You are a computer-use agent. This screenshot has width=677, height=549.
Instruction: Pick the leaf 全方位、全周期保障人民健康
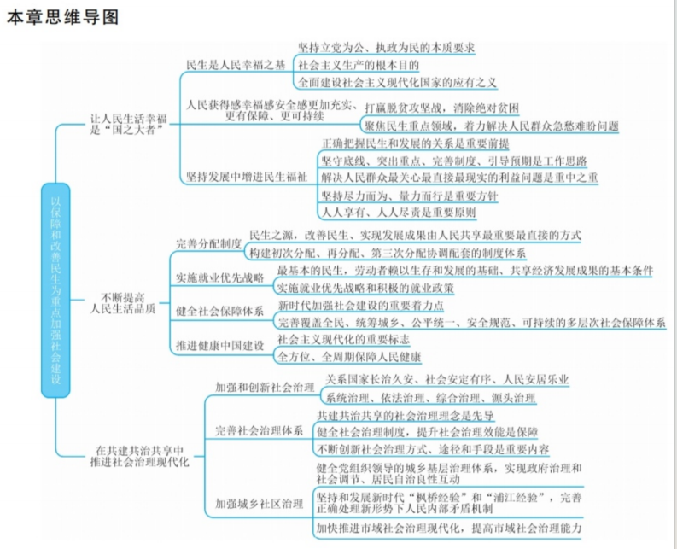(x=349, y=354)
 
